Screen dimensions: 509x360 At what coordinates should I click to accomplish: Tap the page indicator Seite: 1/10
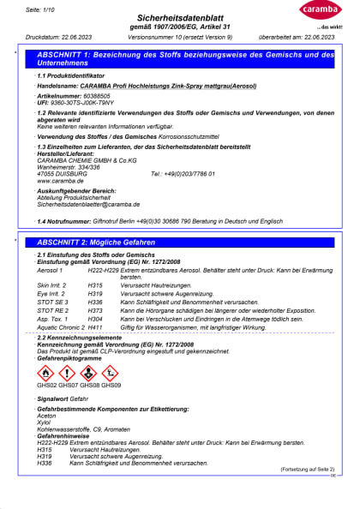point(39,8)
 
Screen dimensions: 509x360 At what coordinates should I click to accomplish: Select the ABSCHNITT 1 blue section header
point(180,58)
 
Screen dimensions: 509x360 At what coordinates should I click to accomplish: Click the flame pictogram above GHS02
point(45,373)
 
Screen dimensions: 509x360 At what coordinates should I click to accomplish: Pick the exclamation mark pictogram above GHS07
point(67,373)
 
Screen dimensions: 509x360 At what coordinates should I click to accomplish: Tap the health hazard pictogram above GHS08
point(88,373)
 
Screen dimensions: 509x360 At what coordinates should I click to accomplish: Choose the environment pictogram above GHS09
point(110,373)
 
